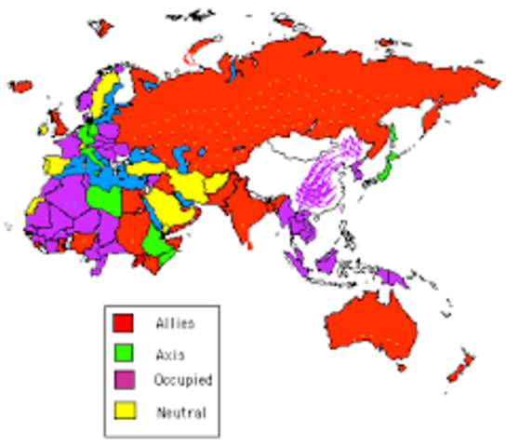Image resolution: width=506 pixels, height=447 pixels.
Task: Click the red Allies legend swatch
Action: point(123,323)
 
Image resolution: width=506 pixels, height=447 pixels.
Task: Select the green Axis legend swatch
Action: point(123,352)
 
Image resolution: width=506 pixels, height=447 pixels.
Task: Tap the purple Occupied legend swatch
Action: point(123,380)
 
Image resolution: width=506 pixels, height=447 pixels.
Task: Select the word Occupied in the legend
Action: point(183,381)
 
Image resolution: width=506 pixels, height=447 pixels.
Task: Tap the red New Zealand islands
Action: point(459,369)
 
